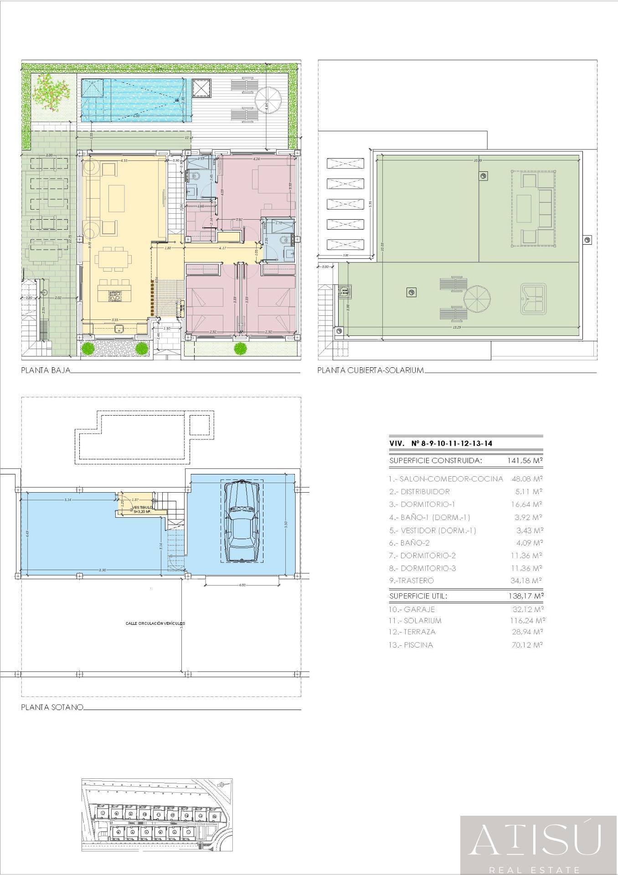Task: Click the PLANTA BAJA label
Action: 46,370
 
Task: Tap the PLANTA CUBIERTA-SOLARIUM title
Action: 371,370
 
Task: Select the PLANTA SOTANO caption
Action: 52,707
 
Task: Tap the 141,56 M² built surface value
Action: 525,460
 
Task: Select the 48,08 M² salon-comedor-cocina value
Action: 527,479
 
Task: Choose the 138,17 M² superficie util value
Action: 525,596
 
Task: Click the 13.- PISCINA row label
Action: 411,645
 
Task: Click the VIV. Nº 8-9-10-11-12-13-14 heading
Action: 441,443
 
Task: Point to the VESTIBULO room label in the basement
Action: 143,508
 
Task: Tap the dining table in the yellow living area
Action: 112,260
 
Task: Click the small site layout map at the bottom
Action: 157,802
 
